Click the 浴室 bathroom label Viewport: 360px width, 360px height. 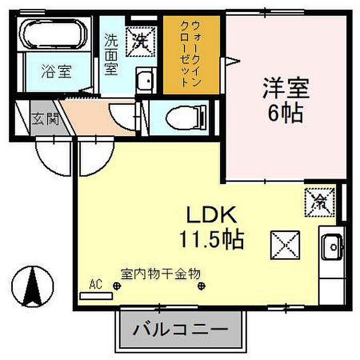click(56, 72)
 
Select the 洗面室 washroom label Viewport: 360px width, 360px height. click(112, 55)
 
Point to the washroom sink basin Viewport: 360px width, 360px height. click(146, 81)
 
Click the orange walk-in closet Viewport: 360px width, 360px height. click(192, 55)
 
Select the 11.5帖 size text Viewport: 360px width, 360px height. click(211, 238)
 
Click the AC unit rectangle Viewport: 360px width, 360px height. click(96, 296)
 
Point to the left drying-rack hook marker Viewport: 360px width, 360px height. click(117, 287)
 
